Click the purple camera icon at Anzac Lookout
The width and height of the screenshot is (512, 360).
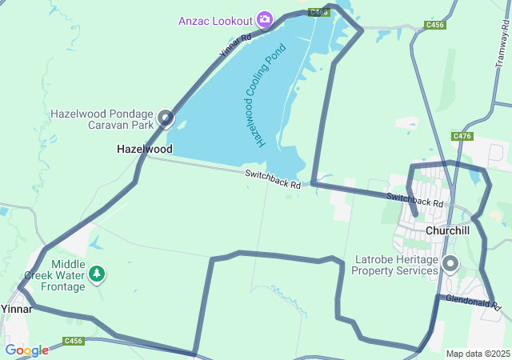[265, 18]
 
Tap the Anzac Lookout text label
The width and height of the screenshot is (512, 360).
[215, 19]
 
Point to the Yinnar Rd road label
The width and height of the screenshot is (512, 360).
[235, 47]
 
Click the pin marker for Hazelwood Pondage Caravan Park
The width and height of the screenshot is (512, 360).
[166, 119]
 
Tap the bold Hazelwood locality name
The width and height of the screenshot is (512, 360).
[144, 149]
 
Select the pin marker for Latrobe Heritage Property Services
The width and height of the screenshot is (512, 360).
[450, 263]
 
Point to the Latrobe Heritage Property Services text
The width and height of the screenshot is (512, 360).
[396, 266]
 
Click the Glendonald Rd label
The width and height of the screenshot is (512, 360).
[473, 302]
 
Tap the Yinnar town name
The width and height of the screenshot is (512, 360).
[16, 309]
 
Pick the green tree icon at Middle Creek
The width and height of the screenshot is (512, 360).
[97, 274]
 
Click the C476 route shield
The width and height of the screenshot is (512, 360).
[462, 137]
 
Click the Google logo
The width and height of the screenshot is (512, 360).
[26, 350]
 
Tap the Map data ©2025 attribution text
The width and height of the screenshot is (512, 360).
[478, 354]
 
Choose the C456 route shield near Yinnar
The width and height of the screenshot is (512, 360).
[74, 341]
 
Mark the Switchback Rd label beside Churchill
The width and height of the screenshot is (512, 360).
[414, 199]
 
